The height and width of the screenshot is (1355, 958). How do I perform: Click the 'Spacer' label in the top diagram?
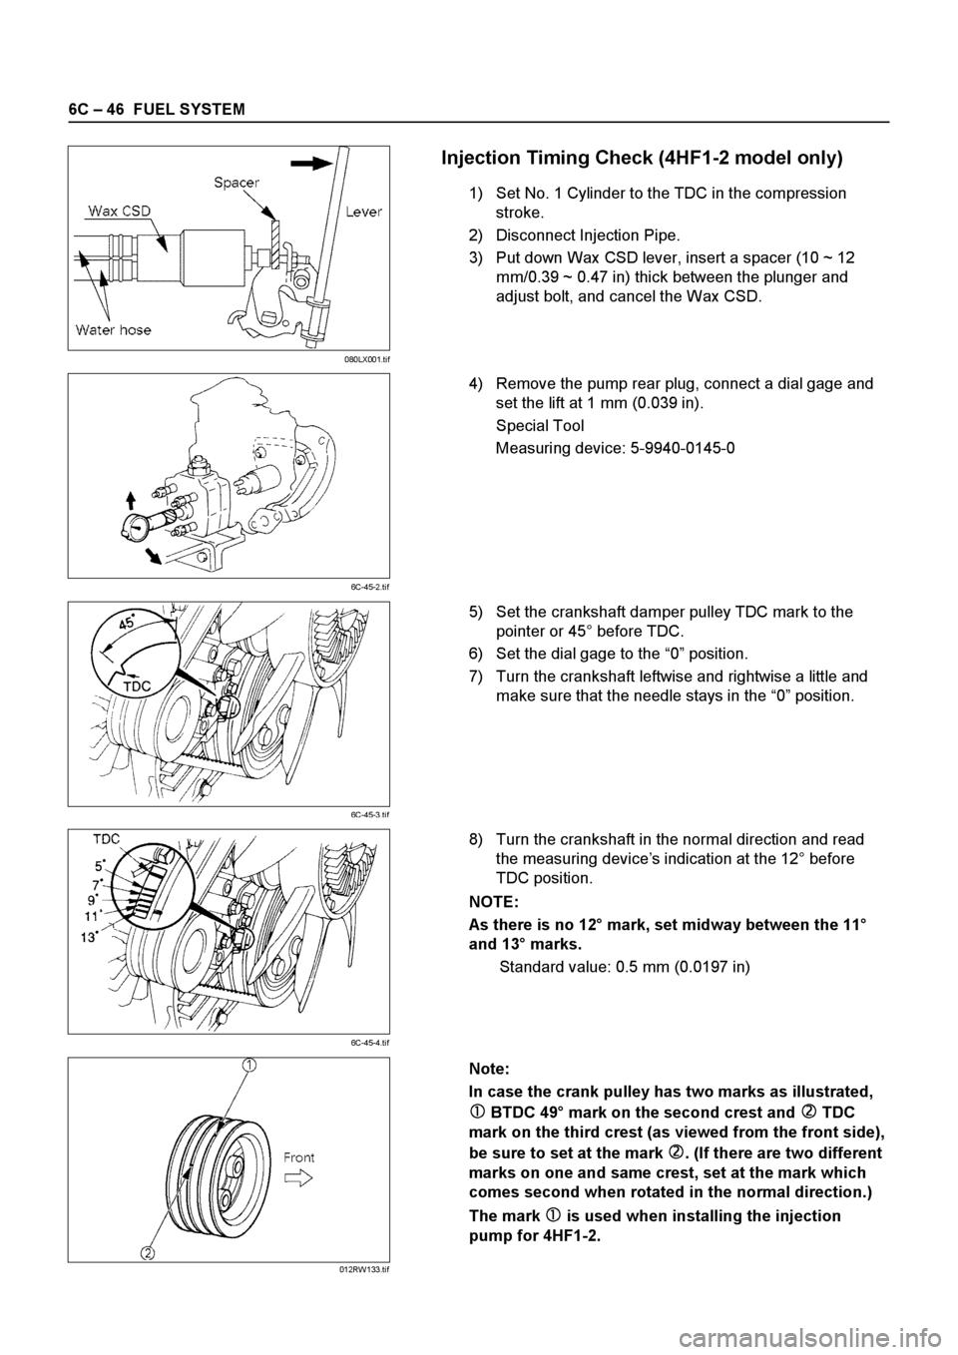pyautogui.click(x=236, y=183)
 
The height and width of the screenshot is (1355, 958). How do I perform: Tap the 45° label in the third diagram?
pyautogui.click(x=128, y=621)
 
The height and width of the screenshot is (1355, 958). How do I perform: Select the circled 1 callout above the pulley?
pyautogui.click(x=246, y=1066)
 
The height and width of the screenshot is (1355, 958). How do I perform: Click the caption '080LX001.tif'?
pyautogui.click(x=366, y=357)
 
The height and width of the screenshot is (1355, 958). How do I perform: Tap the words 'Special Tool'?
pyautogui.click(x=540, y=425)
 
